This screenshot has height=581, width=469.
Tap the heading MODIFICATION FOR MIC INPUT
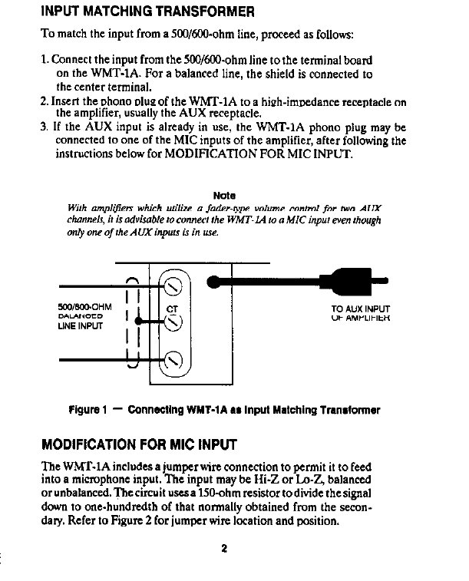139,445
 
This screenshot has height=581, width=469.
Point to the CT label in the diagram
171,311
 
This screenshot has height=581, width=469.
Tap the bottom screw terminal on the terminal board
173,358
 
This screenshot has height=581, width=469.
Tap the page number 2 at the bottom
224,547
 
